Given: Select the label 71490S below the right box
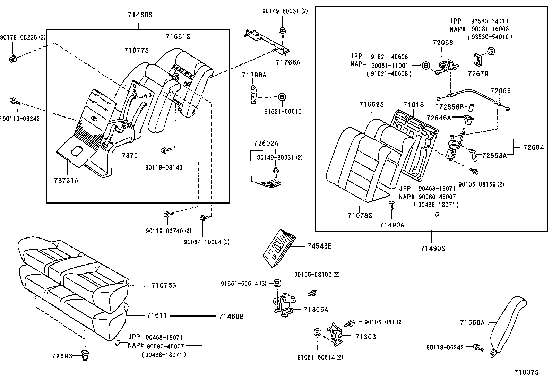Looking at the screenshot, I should pos(432,248).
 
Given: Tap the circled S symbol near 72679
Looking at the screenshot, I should pos(491,51).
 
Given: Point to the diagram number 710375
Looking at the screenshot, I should pos(526,372).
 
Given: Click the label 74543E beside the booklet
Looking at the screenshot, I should pos(319,246).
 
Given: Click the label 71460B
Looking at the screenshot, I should pos(231,316).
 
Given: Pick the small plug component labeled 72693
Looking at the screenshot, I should pos(84,356).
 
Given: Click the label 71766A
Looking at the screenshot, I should pos(288,62).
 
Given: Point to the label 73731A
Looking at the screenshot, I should pos(66,180).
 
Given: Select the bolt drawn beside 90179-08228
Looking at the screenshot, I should pos(13,59).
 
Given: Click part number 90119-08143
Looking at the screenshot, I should pos(164,167).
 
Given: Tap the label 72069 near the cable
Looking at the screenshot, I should pos(500,91).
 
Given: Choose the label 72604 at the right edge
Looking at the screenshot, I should pos(534,148).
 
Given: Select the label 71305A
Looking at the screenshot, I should pos(316,309).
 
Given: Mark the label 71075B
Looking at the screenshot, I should pos(164,285).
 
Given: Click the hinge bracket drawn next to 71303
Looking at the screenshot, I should pos(335,334).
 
